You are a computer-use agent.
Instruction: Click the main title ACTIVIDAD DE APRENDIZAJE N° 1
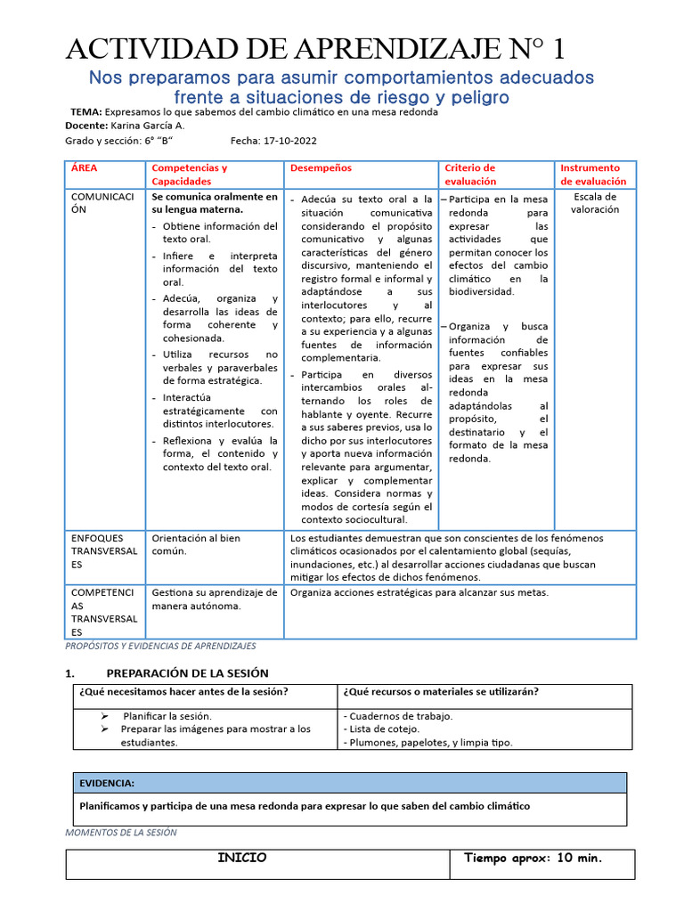click(315, 48)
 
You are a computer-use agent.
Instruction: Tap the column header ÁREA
click(85, 167)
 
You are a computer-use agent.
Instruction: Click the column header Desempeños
click(321, 167)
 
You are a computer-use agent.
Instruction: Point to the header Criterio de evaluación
click(469, 174)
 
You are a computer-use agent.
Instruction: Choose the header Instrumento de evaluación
click(593, 174)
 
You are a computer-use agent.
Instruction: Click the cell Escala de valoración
click(596, 203)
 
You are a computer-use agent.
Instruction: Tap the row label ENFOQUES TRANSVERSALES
click(104, 550)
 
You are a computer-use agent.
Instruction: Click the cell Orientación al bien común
click(196, 544)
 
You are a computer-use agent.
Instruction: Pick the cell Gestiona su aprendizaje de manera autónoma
click(215, 599)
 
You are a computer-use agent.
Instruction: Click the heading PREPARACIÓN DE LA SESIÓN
click(187, 673)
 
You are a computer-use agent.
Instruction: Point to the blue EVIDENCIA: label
click(107, 783)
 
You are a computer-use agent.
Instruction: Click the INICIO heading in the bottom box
click(242, 858)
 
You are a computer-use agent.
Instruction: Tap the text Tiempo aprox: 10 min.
click(533, 859)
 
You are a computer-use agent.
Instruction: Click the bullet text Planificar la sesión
click(167, 715)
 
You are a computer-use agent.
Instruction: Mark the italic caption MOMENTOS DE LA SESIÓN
click(122, 833)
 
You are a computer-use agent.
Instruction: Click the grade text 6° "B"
click(158, 141)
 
